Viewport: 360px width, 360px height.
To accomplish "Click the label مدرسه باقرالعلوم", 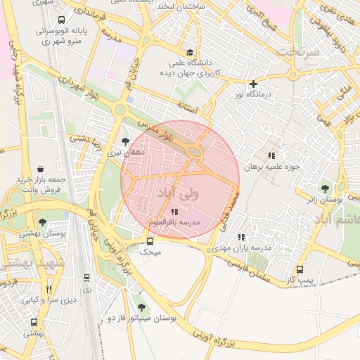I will point(174,222).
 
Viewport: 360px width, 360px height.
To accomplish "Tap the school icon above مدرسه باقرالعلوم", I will point(174,212).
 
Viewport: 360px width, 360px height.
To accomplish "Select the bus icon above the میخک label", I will point(150,240).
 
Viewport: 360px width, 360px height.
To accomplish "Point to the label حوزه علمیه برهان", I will point(271,167).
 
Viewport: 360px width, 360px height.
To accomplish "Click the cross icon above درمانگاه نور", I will point(255,84).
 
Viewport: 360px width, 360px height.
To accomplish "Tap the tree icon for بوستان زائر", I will point(325,188).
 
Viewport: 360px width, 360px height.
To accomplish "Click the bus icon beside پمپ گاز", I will point(301,269).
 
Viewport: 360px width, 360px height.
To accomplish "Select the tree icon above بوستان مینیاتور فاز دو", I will point(143,307).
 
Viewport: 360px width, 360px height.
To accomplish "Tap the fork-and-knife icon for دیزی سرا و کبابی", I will point(49,289).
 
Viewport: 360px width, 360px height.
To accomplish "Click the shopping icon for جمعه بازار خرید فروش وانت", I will point(41,169).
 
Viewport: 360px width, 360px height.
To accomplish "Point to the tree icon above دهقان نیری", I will point(126,141).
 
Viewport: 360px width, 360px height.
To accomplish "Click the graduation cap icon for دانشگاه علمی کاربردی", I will point(189,53).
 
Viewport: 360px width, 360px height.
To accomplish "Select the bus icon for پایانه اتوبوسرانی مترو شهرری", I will point(62,21).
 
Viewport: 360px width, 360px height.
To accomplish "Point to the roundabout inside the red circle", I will point(195,151).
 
